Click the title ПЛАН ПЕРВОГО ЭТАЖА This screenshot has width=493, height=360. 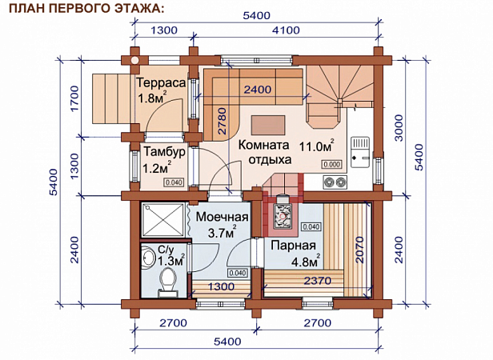(86, 9)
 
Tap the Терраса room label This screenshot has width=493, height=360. (162, 83)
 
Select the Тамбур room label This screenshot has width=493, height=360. (164, 152)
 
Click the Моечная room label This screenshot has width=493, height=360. (222, 217)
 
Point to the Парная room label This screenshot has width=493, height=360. (293, 246)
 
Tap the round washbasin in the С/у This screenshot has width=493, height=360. (147, 258)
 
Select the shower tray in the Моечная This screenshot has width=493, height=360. (163, 220)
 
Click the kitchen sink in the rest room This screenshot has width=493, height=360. (360, 152)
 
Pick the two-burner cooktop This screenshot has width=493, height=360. (335, 182)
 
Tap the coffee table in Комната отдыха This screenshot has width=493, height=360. (268, 126)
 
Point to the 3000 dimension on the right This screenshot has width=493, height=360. (398, 128)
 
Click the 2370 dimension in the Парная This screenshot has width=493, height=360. (317, 280)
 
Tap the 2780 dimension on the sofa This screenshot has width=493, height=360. (222, 121)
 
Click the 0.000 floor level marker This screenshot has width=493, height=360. (331, 164)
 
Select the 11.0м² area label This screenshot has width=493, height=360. (316, 146)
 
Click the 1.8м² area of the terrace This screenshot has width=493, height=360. (152, 98)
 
